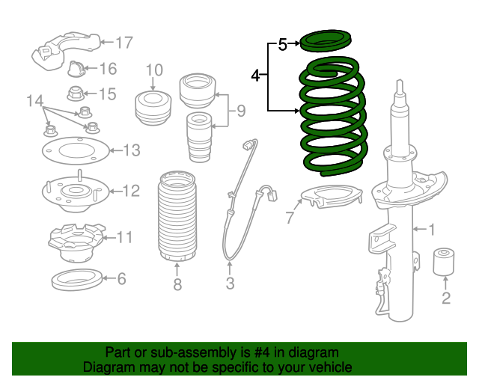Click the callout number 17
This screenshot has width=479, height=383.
tap(123, 43)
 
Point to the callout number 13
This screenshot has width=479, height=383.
tap(131, 151)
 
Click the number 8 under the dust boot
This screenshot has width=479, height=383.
tap(177, 284)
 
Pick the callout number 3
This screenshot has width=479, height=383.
tap(230, 284)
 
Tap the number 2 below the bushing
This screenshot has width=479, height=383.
tap(446, 300)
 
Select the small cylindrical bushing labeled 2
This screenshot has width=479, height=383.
tap(446, 260)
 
